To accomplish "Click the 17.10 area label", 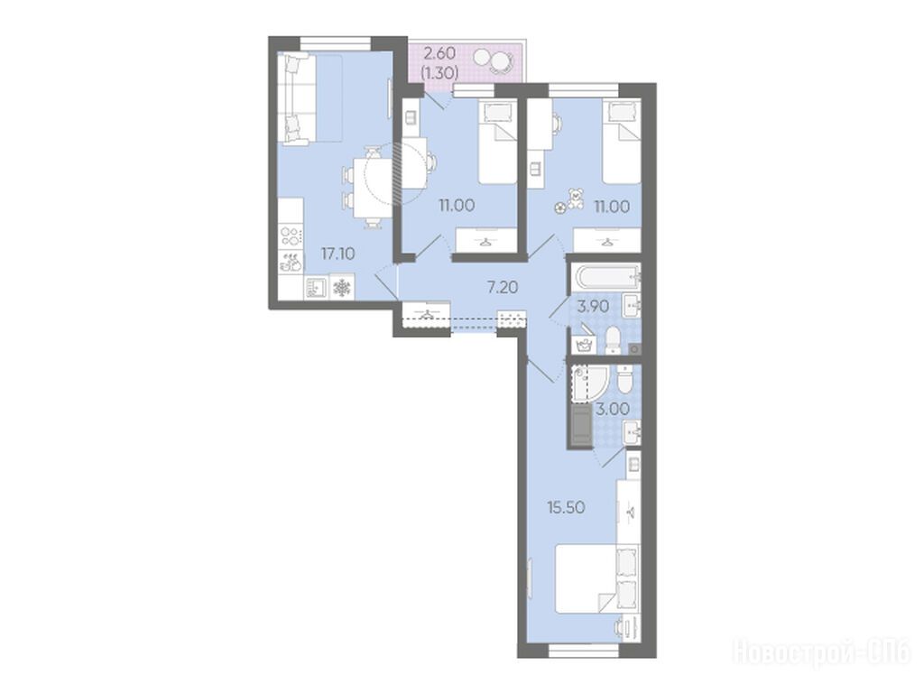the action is (x=337, y=254).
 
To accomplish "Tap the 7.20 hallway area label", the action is (x=502, y=288).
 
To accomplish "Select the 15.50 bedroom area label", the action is (x=567, y=507).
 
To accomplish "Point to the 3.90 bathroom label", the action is (x=593, y=307).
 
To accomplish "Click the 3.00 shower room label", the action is (x=613, y=409).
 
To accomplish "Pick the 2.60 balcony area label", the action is (x=440, y=53).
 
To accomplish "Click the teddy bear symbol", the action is (x=575, y=199).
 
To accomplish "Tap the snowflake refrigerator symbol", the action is (x=342, y=288).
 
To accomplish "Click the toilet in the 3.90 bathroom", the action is (x=613, y=340).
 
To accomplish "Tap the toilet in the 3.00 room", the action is (x=624, y=379).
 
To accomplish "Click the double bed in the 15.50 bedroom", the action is (x=597, y=578).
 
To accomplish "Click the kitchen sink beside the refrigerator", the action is (x=316, y=288).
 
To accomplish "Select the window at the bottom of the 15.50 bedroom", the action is (x=584, y=651).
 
